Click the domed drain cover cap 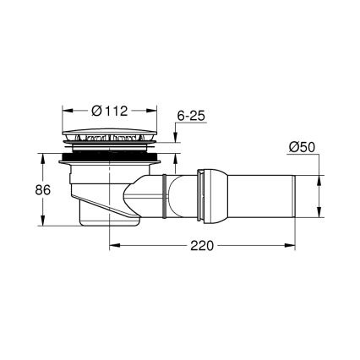(x=111, y=136)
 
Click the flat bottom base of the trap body (x=106, y=222)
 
